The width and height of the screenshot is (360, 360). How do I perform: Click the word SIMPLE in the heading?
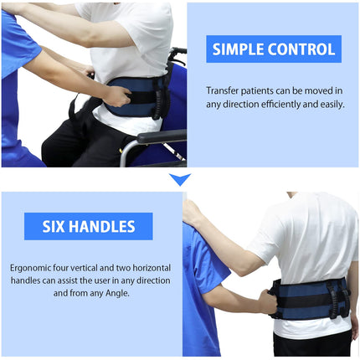pos(238,49)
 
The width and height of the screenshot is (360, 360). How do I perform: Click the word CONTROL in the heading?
pos(301,49)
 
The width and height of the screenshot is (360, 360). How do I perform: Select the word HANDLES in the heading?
pos(102,226)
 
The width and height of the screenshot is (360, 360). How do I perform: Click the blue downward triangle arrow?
pos(180,179)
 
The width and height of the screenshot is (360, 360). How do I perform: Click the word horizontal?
pos(152,268)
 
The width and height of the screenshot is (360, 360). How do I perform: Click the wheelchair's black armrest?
pos(162,136)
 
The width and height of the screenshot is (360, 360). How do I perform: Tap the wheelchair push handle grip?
pos(179,51)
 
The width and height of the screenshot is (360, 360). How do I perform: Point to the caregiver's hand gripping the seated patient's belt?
pos(118,96)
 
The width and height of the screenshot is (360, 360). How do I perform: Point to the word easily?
pos(332,105)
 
